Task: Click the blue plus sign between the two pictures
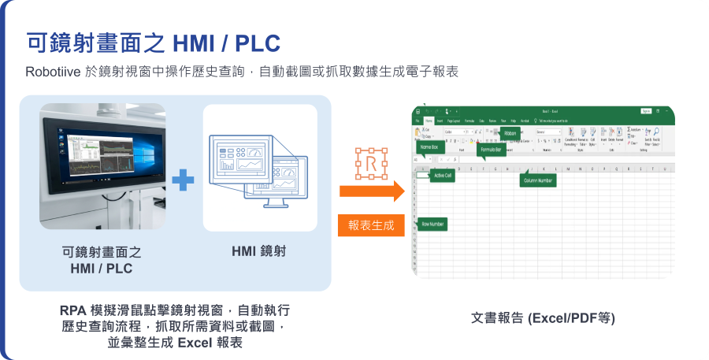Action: [x=183, y=180]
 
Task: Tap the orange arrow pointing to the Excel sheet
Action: [x=371, y=191]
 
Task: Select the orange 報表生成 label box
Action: [x=371, y=225]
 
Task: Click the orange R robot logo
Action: [x=370, y=162]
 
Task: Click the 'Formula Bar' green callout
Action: [x=492, y=149]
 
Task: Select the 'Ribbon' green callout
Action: [x=510, y=134]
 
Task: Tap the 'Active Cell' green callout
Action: [x=444, y=176]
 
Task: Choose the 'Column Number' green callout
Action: [x=539, y=180]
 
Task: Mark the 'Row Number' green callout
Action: [x=433, y=225]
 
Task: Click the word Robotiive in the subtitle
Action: [x=52, y=72]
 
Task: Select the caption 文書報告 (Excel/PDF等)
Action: [x=543, y=318]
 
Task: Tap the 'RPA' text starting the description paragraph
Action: [x=73, y=310]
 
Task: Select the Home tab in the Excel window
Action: [x=429, y=121]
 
